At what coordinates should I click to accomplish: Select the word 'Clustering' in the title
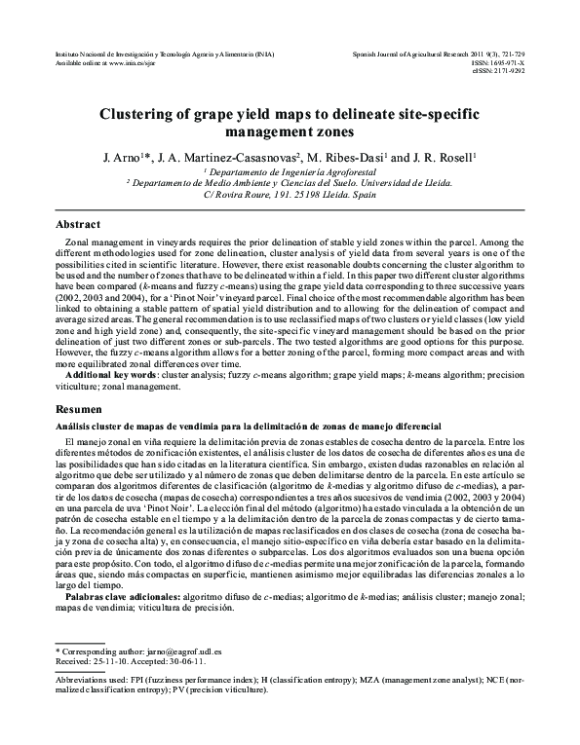pos(145,114)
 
